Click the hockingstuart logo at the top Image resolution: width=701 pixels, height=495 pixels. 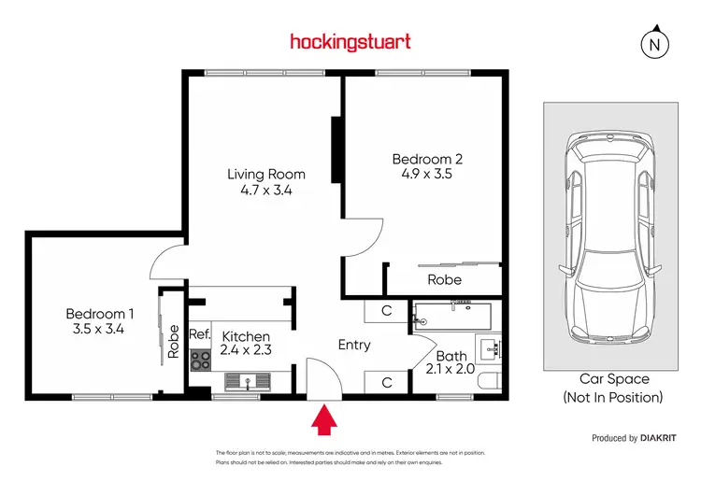pos(350,41)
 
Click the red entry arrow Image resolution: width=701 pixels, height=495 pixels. pos(324,420)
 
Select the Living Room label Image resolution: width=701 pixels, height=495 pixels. pos(266,175)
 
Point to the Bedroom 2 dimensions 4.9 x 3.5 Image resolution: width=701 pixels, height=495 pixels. pos(427,173)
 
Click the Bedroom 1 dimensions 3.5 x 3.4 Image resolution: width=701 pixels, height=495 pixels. pos(98,329)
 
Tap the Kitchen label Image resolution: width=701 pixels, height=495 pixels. pos(246,336)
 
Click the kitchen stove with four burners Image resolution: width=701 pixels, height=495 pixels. pos(201,359)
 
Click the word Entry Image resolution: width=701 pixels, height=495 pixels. pos(354,345)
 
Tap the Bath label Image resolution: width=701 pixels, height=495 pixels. pos(451,356)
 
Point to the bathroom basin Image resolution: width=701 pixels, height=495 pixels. pos(491,350)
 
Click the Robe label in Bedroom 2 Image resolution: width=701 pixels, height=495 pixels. pos(444,279)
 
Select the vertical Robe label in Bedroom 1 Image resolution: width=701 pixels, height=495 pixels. pos(174,341)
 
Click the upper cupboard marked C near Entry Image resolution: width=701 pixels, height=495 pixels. pos(385,312)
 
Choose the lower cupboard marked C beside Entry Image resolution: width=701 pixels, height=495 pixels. pos(385,381)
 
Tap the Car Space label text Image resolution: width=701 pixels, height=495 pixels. pos(613,380)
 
